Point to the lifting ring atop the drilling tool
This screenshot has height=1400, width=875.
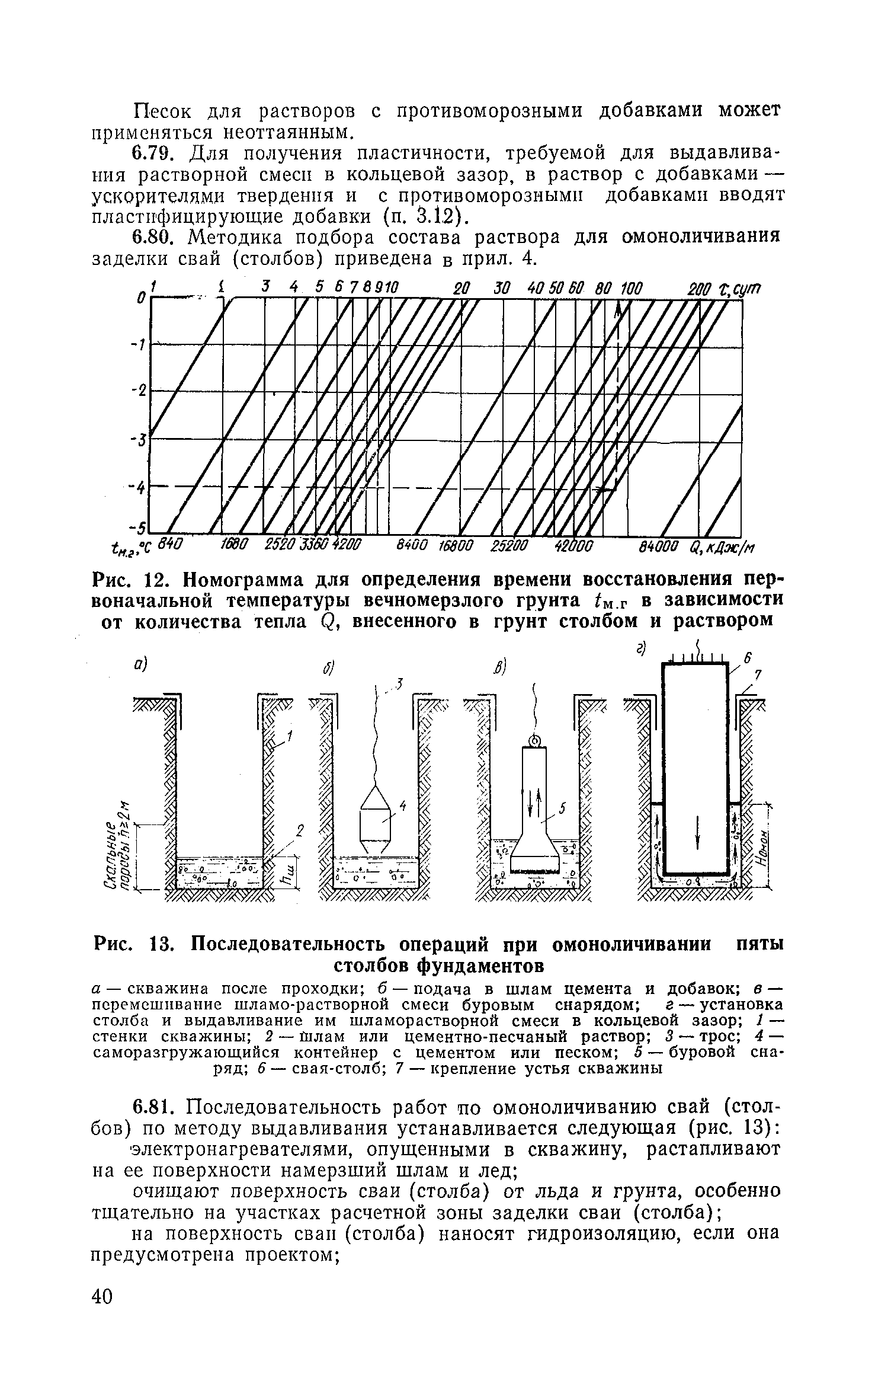point(534,740)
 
